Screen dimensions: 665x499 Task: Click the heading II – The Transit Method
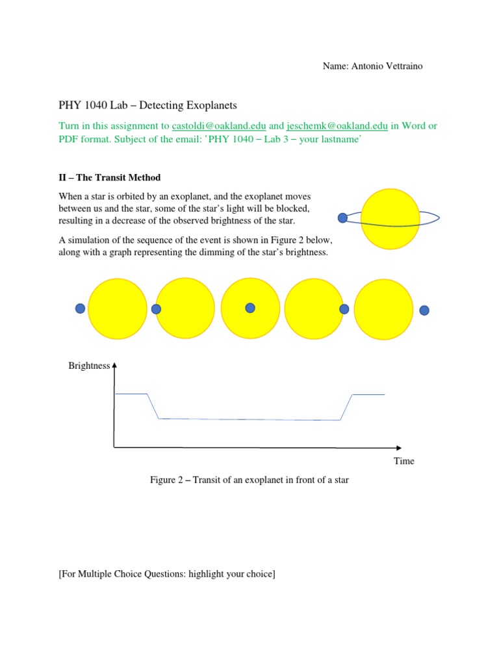[109, 177]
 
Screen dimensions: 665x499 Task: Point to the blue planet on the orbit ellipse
[342, 218]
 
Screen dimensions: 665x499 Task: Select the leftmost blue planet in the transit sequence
[80, 308]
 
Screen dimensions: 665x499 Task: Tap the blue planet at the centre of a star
[250, 308]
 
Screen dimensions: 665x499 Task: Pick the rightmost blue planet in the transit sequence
[424, 310]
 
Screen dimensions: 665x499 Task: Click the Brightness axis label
[89, 366]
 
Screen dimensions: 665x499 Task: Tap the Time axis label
[403, 461]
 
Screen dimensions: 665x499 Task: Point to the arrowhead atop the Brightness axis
[114, 365]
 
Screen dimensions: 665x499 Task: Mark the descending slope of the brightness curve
[153, 407]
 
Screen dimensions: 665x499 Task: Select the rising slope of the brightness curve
[346, 407]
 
